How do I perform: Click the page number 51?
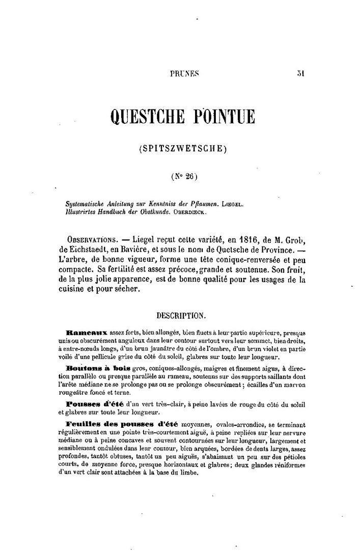click(x=300, y=73)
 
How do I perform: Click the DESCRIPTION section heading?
click(x=181, y=315)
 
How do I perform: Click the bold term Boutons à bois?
click(x=98, y=368)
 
